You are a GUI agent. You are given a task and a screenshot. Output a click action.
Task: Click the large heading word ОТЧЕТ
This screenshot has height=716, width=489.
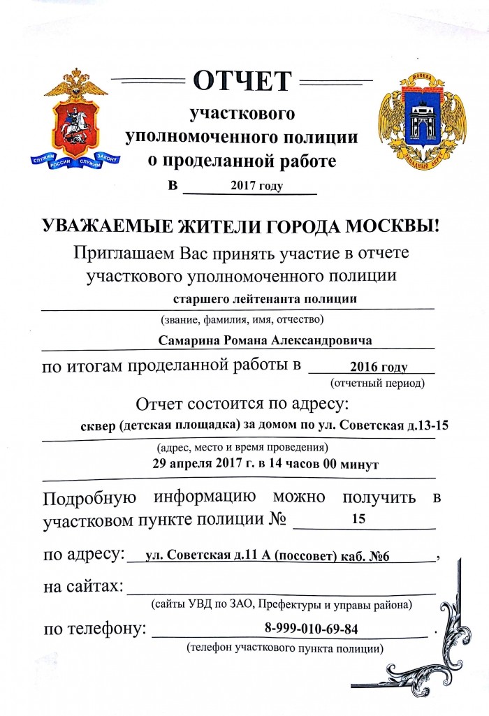(241, 81)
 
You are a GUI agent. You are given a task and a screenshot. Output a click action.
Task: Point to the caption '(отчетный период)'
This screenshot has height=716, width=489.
(377, 383)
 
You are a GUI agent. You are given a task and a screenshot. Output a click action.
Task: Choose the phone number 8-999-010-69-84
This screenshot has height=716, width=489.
(312, 628)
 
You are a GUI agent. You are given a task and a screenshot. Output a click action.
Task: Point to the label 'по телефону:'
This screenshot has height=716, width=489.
(95, 629)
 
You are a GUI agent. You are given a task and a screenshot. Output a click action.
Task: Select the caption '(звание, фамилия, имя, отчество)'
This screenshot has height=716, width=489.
(238, 321)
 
